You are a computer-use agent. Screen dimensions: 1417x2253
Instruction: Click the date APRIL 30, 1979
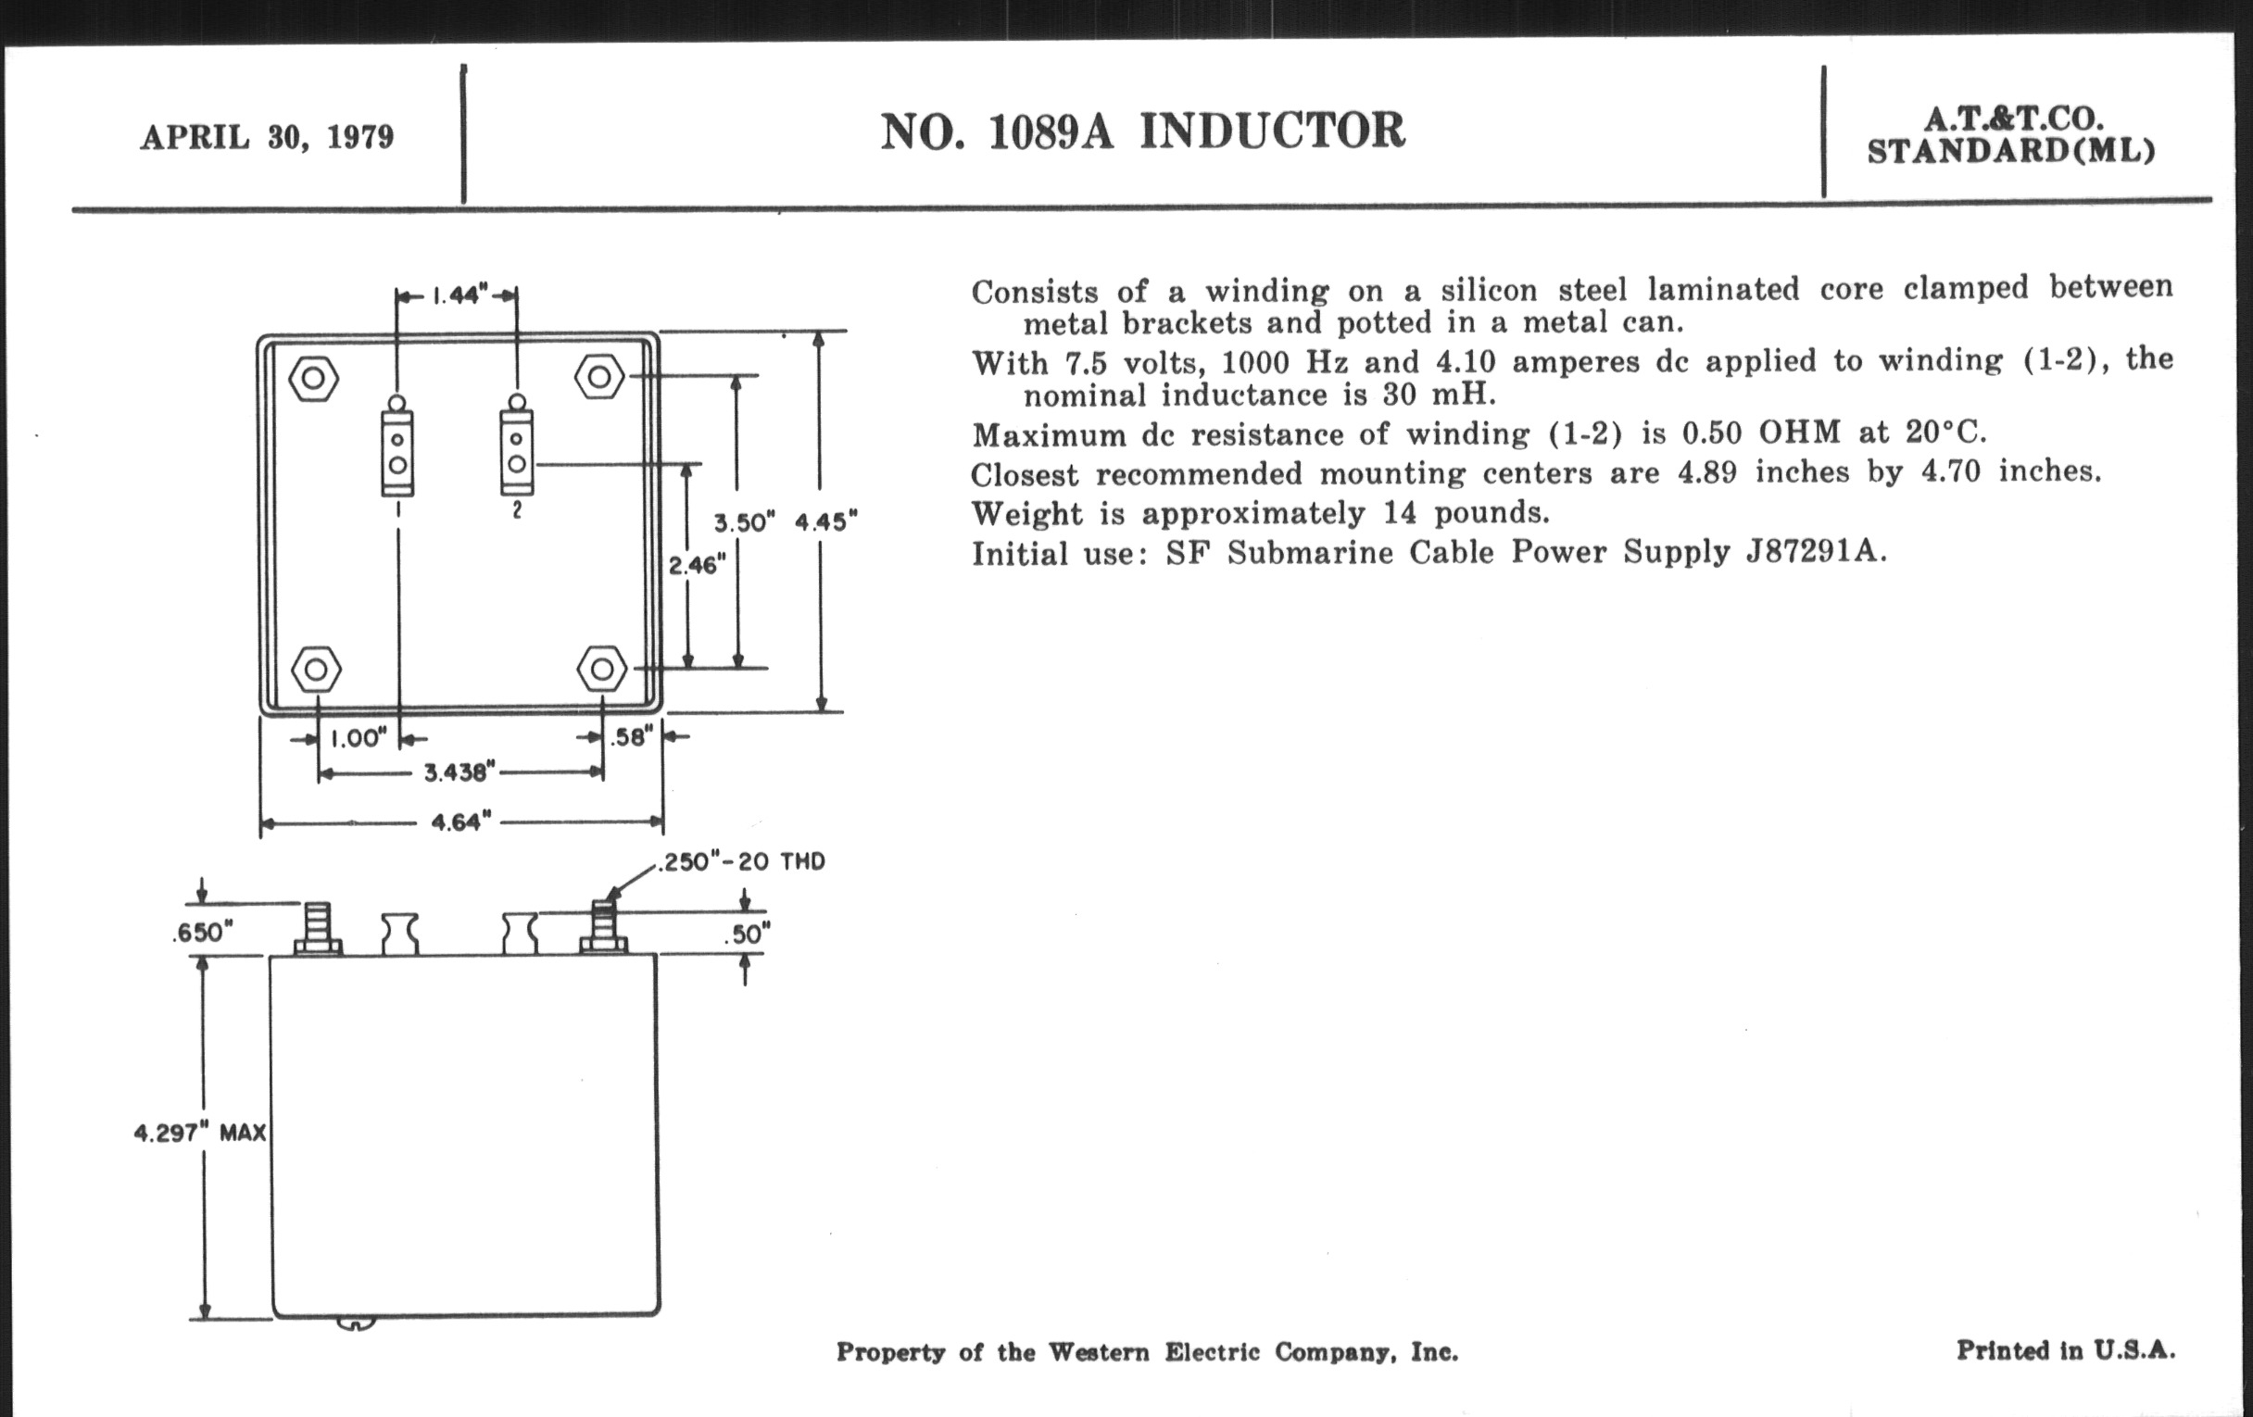[x=267, y=137]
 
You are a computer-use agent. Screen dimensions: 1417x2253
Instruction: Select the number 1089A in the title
[x=1051, y=131]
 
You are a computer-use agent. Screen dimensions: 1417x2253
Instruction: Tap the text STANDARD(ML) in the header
[x=2010, y=151]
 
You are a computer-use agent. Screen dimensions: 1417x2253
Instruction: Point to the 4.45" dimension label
[x=825, y=522]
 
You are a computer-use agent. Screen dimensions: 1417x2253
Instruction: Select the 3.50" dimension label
[x=740, y=523]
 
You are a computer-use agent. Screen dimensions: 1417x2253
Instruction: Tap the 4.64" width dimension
[x=460, y=822]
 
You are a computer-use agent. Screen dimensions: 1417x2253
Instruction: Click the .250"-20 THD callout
[x=742, y=861]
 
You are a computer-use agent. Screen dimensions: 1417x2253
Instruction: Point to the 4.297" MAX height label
[x=200, y=1134]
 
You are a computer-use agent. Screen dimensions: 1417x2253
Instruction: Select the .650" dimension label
[x=201, y=933]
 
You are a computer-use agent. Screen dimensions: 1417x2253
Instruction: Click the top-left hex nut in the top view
[x=313, y=378]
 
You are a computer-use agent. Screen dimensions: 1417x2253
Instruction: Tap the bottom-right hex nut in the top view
[x=602, y=669]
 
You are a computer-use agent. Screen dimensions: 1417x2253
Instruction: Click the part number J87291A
[x=1814, y=552]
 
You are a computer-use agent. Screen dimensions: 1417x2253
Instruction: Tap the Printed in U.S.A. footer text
[x=2065, y=1349]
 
